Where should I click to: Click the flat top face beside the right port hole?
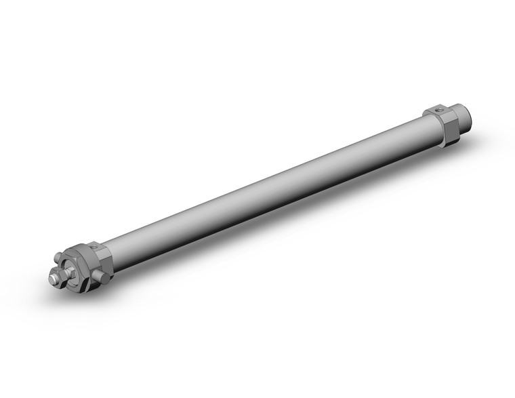[430, 111]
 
